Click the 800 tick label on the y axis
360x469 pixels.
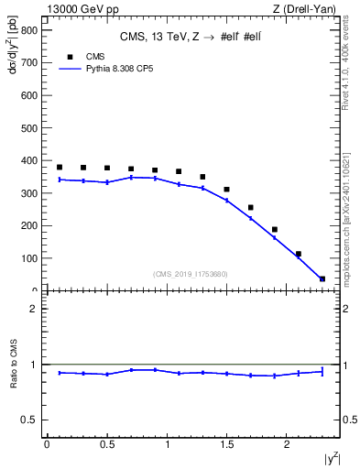[x=27, y=30]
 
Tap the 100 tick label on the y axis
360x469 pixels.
[x=27, y=258]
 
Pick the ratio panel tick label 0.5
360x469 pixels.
[x=28, y=420]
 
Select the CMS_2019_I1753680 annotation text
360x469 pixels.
[x=190, y=274]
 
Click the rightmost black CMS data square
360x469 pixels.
[x=322, y=278]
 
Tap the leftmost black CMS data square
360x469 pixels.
[x=60, y=168]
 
